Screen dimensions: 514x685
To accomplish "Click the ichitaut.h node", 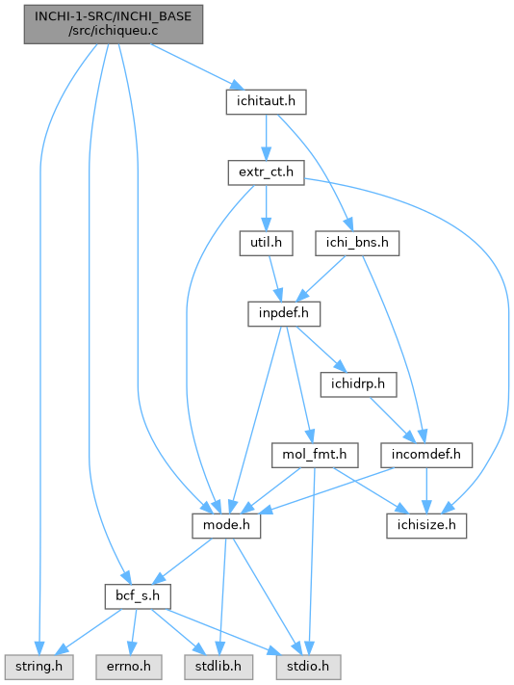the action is (267, 102).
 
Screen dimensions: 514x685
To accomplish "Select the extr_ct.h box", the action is (267, 172).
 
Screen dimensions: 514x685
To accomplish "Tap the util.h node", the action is (267, 243).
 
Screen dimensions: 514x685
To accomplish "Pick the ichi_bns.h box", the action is (357, 243).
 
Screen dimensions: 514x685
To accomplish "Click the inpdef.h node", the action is (284, 314).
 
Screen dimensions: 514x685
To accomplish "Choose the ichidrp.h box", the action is (358, 384).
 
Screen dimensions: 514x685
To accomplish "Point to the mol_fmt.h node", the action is (315, 455).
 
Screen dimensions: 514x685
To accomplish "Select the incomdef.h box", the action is (426, 455).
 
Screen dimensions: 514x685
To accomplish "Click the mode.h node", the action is (226, 525).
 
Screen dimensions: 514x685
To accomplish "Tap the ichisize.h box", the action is (426, 525).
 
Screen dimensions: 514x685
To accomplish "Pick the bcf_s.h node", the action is (138, 596).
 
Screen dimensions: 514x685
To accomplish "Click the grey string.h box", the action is (39, 667).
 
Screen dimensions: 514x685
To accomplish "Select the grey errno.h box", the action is (129, 667).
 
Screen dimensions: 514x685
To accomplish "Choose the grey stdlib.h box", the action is (218, 667).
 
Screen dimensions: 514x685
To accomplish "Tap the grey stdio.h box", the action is (308, 667).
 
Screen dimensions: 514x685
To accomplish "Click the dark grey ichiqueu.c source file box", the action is (114, 24).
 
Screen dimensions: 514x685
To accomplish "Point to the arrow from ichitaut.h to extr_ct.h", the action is (267, 138).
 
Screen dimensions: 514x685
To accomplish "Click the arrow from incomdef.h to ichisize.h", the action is (426, 490).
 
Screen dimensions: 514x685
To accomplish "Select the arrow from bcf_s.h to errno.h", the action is (133, 632).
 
